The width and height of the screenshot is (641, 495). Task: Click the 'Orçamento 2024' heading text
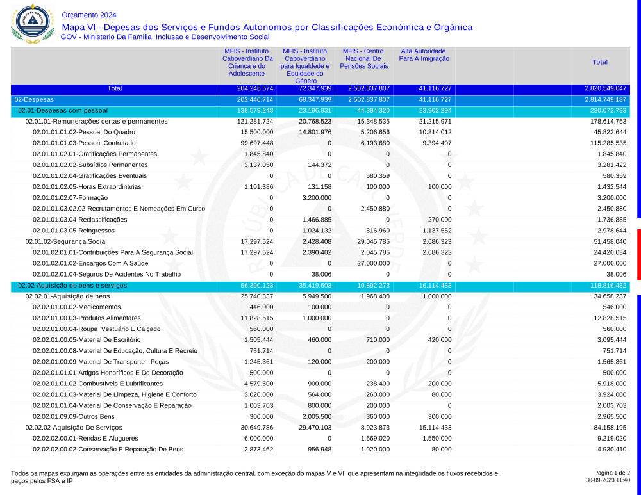tap(89, 15)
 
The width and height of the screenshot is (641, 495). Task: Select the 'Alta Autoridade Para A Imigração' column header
tap(424, 54)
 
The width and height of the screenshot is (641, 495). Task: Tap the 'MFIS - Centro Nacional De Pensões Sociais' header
tap(364, 58)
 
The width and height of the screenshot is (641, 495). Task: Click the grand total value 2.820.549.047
tap(605, 88)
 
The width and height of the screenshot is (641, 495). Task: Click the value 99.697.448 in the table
tap(255, 143)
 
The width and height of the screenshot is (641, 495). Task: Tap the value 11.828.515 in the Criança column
tap(255, 318)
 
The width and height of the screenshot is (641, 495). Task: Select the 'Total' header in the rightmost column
tap(600, 62)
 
